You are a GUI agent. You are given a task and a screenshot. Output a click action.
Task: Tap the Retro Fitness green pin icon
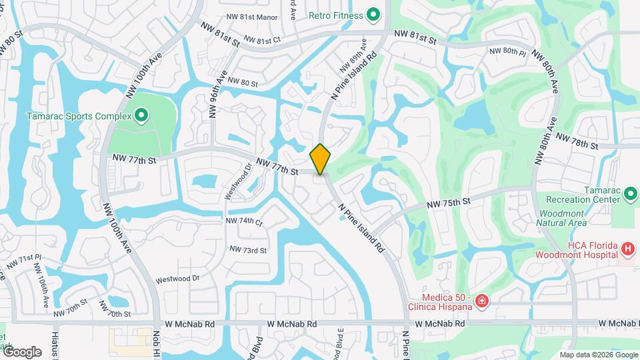pos(373,15)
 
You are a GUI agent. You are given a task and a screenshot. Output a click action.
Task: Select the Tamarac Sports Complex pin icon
pos(141,116)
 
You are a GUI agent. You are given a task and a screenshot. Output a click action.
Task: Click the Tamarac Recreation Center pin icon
pos(631,195)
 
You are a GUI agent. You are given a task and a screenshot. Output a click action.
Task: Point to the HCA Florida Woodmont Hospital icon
pos(627,249)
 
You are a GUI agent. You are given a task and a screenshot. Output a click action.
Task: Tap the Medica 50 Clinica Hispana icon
pos(481,303)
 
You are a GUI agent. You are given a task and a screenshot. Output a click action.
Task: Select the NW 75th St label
pos(449,201)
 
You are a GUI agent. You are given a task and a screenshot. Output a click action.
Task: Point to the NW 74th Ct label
pos(245,221)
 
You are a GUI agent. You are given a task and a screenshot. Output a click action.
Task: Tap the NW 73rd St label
pos(248,250)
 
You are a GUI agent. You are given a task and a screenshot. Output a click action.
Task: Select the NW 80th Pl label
pos(507,51)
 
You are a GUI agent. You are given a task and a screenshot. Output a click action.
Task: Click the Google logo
pos(22,352)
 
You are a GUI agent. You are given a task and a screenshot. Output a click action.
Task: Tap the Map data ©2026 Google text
pos(598,355)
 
